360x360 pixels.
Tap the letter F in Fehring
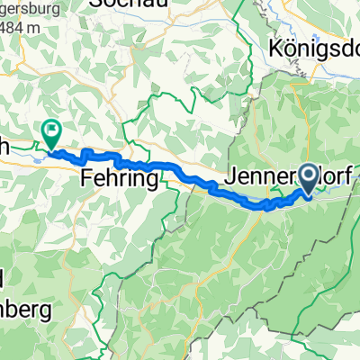[x=88, y=177]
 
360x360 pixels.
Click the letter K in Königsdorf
[x=274, y=48]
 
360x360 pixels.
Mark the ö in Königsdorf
[x=287, y=48]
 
